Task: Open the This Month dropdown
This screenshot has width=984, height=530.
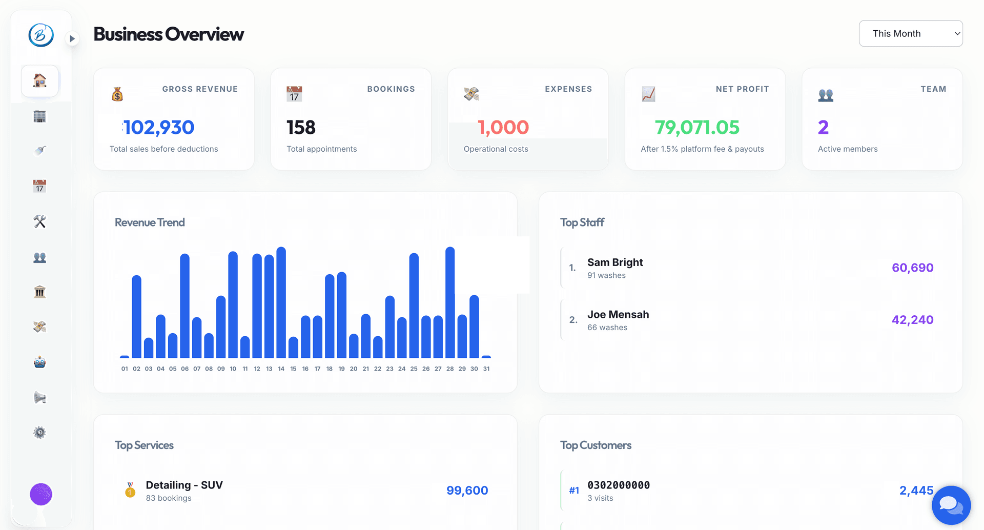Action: pyautogui.click(x=910, y=33)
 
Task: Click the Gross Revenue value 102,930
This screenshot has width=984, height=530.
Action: pyautogui.click(x=158, y=127)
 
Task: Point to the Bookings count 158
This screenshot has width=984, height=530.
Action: pyautogui.click(x=301, y=127)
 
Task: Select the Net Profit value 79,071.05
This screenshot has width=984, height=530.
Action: pyautogui.click(x=697, y=127)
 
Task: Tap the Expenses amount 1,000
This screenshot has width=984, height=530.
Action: pyautogui.click(x=503, y=127)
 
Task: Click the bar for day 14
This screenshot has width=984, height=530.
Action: pyautogui.click(x=281, y=302)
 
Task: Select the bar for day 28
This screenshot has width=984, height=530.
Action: pyautogui.click(x=450, y=302)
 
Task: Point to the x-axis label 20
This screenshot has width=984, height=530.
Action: pyautogui.click(x=354, y=369)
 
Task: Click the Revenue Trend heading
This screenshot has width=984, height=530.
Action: pyautogui.click(x=150, y=222)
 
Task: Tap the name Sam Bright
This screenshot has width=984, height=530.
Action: pyautogui.click(x=615, y=262)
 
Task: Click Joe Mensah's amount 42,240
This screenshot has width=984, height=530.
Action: pyautogui.click(x=912, y=320)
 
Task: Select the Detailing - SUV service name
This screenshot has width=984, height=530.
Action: pyautogui.click(x=184, y=485)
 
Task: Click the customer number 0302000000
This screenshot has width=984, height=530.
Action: pyautogui.click(x=619, y=485)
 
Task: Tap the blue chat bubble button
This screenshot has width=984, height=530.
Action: pyautogui.click(x=951, y=505)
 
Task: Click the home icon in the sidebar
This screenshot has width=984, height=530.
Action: pyautogui.click(x=39, y=80)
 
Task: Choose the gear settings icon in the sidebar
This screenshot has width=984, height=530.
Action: pyautogui.click(x=39, y=433)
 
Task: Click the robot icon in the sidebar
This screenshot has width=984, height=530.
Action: pyautogui.click(x=39, y=362)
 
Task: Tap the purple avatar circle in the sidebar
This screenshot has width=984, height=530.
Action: pyautogui.click(x=41, y=494)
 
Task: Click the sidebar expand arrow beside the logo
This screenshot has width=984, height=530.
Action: pyautogui.click(x=72, y=38)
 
